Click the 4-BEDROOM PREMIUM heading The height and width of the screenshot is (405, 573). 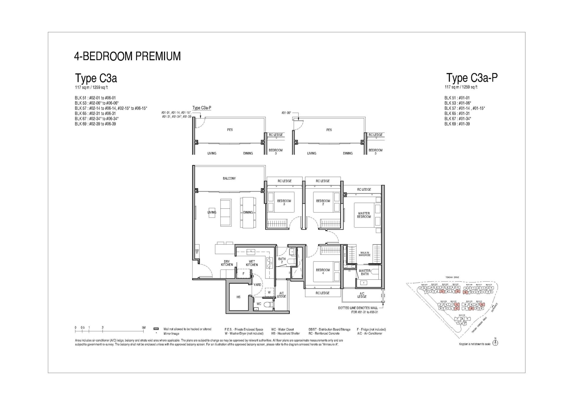pyautogui.click(x=127, y=56)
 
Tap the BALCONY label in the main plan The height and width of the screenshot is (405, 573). pyautogui.click(x=229, y=178)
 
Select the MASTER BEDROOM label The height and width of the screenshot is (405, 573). pyautogui.click(x=364, y=215)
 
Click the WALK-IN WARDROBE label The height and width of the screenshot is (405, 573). pyautogui.click(x=364, y=254)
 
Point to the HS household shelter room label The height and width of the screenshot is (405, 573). pyautogui.click(x=238, y=297)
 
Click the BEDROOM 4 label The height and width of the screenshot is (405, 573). pyautogui.click(x=323, y=271)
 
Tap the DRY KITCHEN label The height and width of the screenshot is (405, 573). pyautogui.click(x=227, y=263)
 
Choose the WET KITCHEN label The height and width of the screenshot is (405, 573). pyautogui.click(x=252, y=263)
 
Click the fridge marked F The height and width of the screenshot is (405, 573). pyautogui.click(x=243, y=273)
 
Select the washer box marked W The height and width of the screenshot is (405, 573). pyautogui.click(x=269, y=292)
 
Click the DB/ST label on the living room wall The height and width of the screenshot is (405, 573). pyautogui.click(x=197, y=252)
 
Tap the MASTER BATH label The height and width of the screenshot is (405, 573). pyautogui.click(x=364, y=272)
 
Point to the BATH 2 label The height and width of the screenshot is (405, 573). pyautogui.click(x=282, y=260)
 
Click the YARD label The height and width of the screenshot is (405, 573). pyautogui.click(x=257, y=285)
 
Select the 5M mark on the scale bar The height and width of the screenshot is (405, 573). pyautogui.click(x=144, y=328)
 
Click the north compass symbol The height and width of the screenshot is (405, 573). pyautogui.click(x=495, y=343)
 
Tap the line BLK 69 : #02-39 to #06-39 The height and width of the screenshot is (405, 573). pyautogui.click(x=95, y=124)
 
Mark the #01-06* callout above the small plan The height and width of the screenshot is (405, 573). pyautogui.click(x=286, y=113)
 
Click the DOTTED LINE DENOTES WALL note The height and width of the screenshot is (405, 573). pyautogui.click(x=358, y=308)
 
